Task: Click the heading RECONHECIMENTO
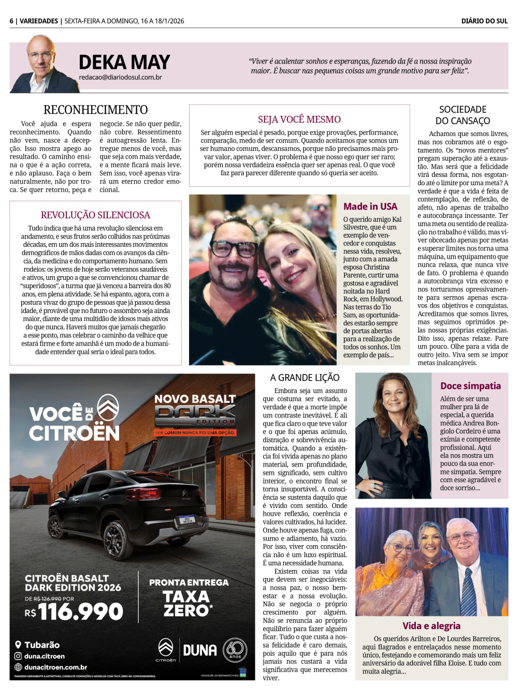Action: pos(96,110)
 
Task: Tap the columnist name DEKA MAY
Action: pos(124,63)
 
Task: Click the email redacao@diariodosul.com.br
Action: pos(120,78)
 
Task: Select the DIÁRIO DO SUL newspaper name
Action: pos(484,21)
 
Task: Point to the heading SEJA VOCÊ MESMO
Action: pos(299,119)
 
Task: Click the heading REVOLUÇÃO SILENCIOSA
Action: pos(95,215)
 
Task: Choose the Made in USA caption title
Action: pos(370,206)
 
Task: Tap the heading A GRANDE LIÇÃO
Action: pos(305,378)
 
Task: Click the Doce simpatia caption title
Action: pos(470,386)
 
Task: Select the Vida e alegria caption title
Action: pos(431,626)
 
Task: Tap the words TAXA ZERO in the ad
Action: pos(188,604)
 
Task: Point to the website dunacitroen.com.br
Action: pos(55,667)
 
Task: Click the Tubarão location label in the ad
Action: pos(42,645)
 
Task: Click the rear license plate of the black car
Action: pos(186,519)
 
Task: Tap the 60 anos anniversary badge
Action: pos(235,650)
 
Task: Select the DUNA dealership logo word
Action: pos(199,650)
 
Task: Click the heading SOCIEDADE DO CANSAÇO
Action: pos(463,115)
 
